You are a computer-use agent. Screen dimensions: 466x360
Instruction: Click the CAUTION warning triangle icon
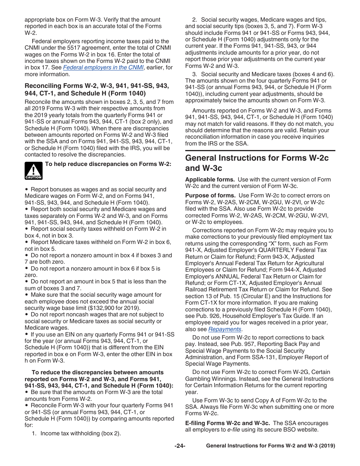34,170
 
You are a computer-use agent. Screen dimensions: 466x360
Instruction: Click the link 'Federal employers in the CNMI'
103,67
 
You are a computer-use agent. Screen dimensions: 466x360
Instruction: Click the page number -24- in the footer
180,446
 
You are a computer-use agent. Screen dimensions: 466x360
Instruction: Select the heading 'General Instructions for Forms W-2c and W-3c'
257,163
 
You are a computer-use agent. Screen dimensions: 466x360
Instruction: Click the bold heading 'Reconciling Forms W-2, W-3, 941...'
97,89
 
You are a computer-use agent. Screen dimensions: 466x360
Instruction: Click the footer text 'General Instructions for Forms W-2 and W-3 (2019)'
270,446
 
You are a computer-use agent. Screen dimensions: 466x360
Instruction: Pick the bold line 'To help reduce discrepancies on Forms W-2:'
108,164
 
